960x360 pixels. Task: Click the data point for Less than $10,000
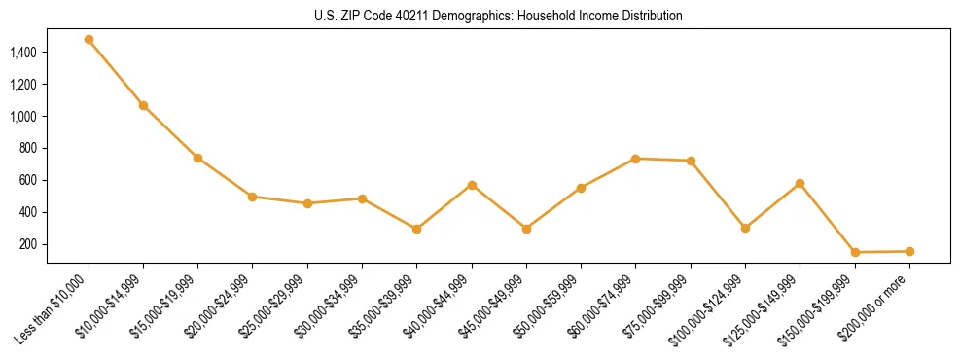click(89, 40)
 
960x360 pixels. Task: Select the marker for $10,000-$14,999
click(143, 105)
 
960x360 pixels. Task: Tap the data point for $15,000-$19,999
click(197, 158)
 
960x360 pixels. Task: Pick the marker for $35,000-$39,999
click(417, 230)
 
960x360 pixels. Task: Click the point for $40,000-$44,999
click(472, 185)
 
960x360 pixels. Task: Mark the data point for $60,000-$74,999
click(636, 159)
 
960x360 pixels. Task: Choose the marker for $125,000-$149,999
click(800, 183)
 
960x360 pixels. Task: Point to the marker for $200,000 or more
click(909, 251)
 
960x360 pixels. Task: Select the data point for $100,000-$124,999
click(745, 228)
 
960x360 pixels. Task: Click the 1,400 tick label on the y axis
click(23, 53)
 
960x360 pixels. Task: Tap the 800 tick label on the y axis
click(28, 148)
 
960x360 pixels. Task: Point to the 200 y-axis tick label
click(28, 244)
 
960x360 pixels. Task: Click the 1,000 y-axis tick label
click(23, 116)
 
